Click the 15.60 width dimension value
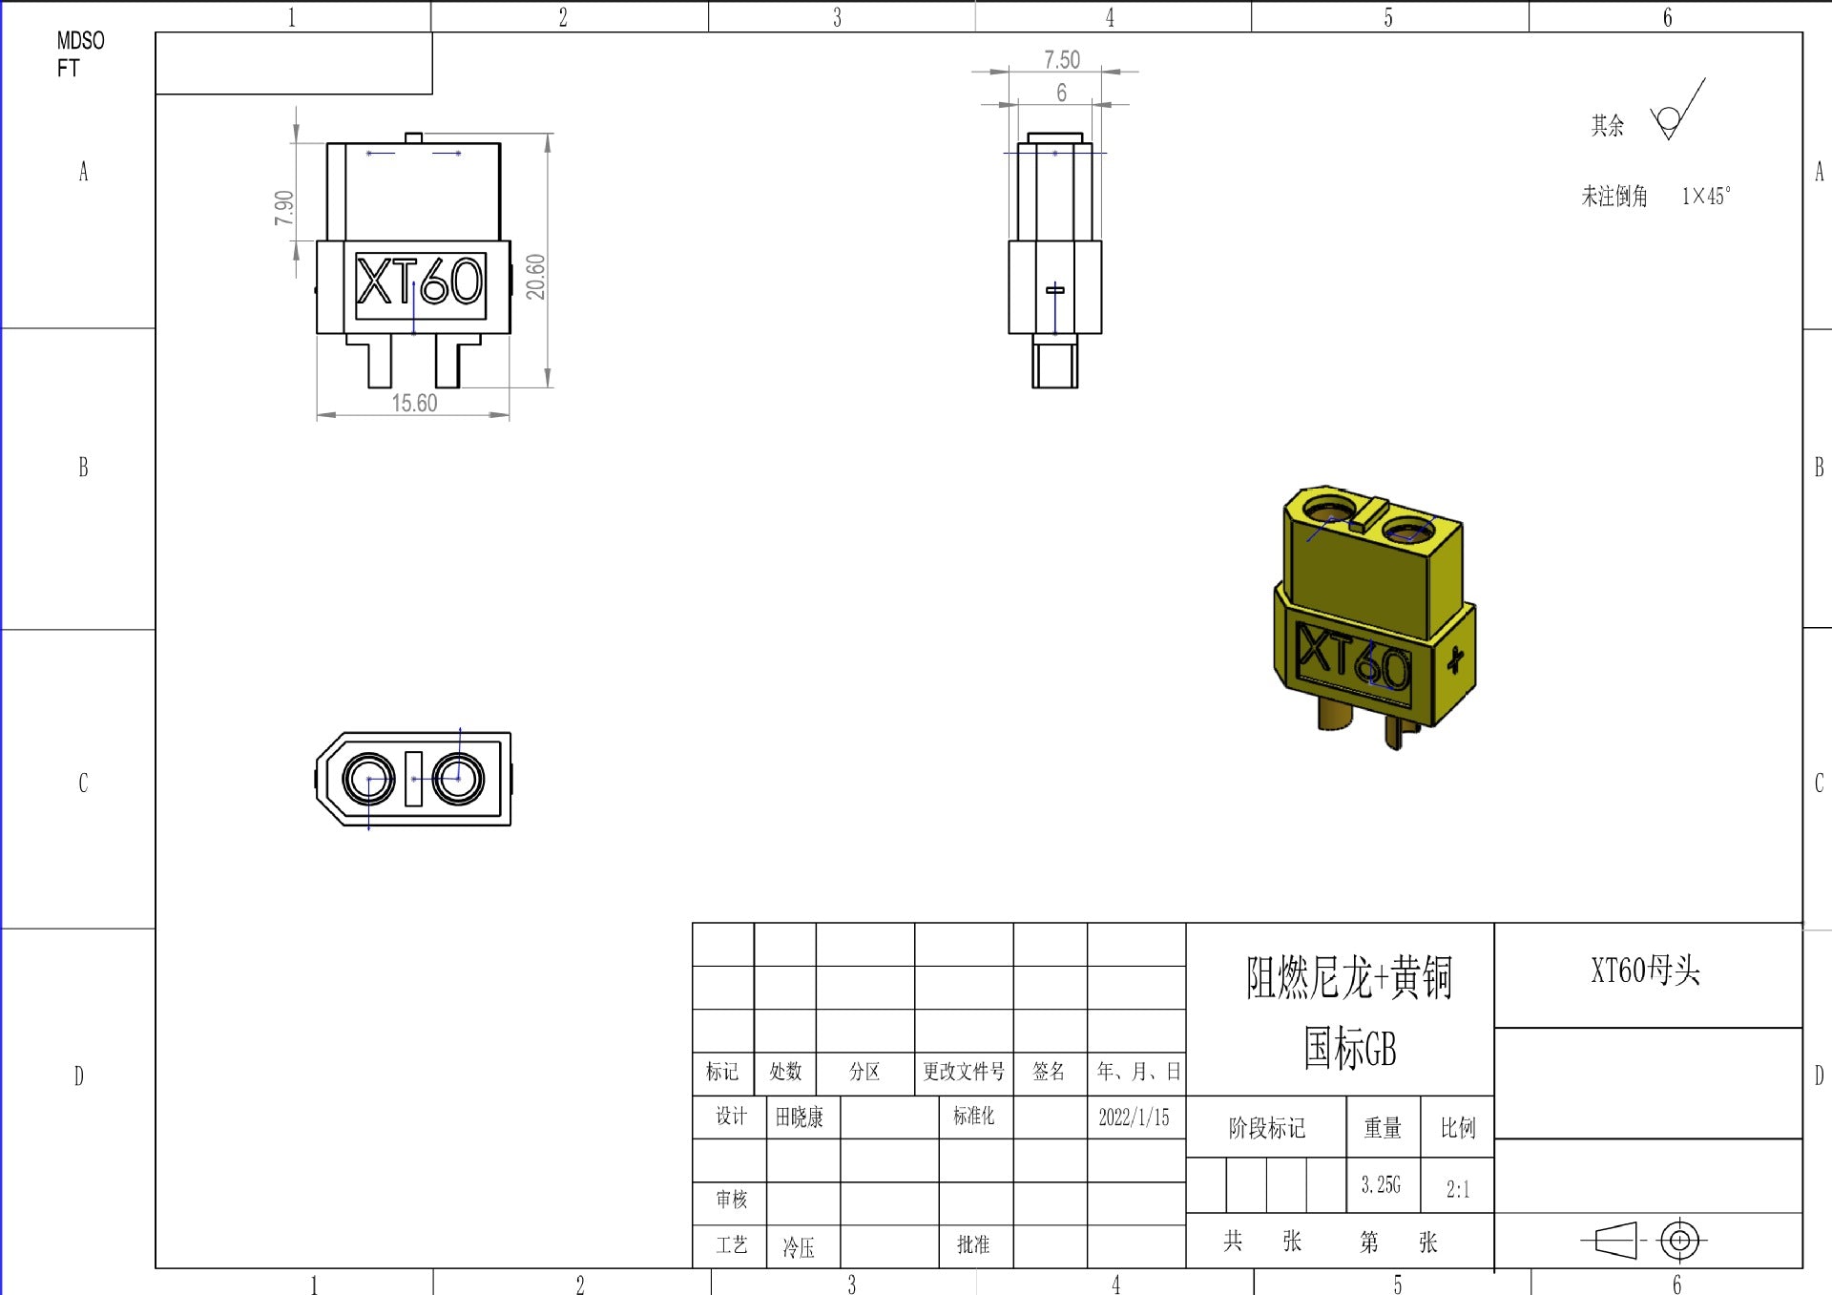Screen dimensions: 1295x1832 tap(414, 404)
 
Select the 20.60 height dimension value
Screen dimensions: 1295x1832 tap(535, 277)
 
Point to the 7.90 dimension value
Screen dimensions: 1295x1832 tap(283, 208)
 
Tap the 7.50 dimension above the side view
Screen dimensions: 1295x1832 tap(1061, 60)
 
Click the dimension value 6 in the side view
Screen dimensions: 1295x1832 tap(1061, 93)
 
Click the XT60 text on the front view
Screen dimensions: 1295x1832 tap(420, 283)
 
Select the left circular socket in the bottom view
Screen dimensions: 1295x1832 tap(368, 779)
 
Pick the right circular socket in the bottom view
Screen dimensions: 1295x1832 tap(458, 779)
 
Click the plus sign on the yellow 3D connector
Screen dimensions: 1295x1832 tap(1454, 659)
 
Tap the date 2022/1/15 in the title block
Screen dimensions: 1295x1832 tap(1134, 1117)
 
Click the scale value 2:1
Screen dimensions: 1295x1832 tap(1457, 1189)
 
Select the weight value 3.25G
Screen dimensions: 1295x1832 tap(1381, 1185)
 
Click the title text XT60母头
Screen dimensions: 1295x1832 tap(1645, 971)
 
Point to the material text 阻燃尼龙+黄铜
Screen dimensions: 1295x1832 tap(1348, 978)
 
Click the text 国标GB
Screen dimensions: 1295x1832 tap(1348, 1049)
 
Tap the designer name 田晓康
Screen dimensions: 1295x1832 tap(800, 1117)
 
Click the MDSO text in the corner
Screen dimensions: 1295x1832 tap(80, 41)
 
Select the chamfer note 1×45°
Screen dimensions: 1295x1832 tap(1705, 197)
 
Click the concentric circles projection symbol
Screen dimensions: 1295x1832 tap(1680, 1241)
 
